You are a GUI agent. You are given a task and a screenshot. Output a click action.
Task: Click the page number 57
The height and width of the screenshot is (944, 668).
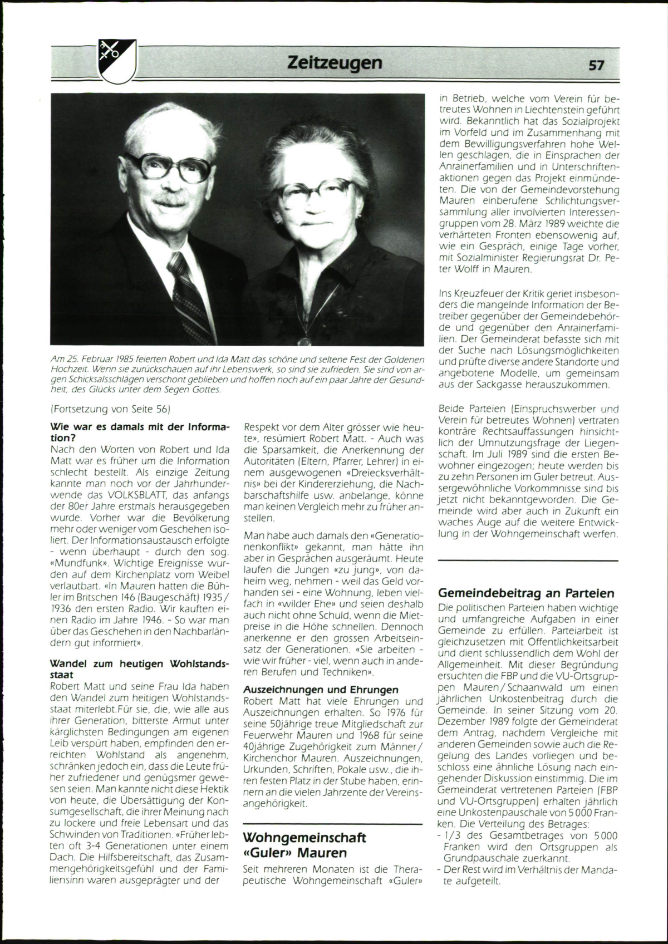point(596,65)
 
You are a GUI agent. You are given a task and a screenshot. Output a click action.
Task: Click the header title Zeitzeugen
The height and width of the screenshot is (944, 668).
point(335,62)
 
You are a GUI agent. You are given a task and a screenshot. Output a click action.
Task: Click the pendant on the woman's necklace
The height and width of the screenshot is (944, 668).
point(304,338)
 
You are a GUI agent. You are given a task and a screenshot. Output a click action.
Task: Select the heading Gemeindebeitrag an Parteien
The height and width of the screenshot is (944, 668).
point(526,593)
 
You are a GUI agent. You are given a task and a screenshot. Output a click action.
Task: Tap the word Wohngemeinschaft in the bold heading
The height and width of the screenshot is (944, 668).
point(304,838)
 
